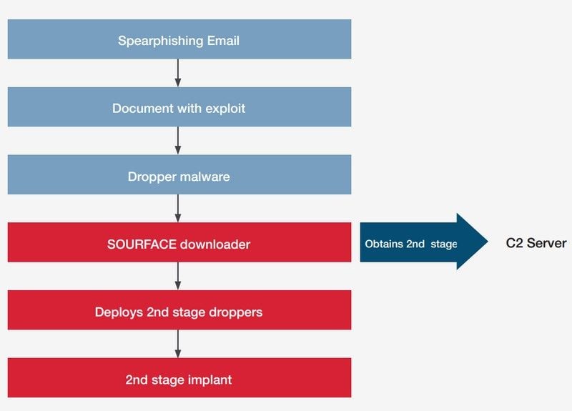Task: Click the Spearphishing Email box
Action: [x=179, y=39]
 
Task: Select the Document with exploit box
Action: [x=179, y=107]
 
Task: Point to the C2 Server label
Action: [x=536, y=243]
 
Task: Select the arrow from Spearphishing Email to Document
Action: [x=178, y=73]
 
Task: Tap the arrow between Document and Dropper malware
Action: [x=178, y=141]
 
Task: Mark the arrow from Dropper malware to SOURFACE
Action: [x=178, y=208]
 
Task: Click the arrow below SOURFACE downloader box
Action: [x=178, y=276]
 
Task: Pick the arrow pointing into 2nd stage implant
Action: [x=178, y=344]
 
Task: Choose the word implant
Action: [x=210, y=380]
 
